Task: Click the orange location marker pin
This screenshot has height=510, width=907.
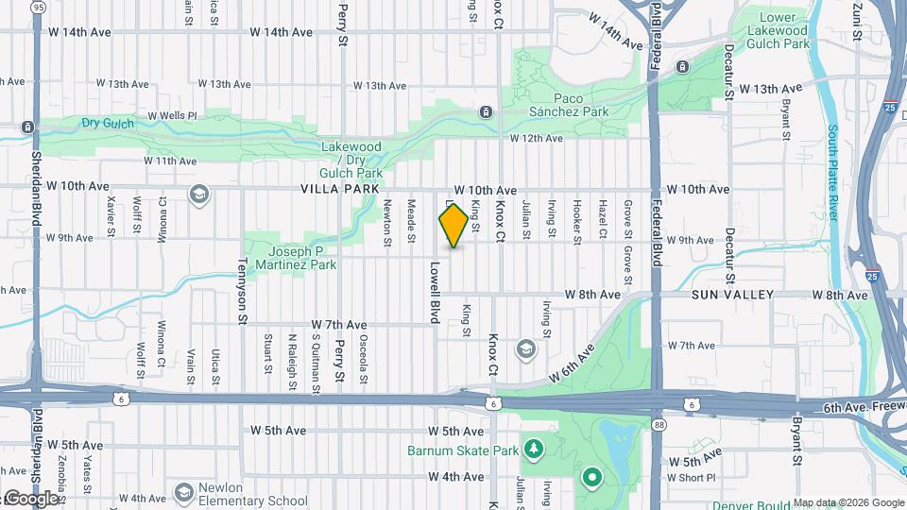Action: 453,226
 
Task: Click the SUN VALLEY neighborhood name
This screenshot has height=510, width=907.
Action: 733,296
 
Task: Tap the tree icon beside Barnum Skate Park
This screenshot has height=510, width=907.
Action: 534,447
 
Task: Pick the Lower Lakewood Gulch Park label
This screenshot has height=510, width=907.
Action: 785,30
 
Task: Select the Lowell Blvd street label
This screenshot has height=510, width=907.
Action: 436,293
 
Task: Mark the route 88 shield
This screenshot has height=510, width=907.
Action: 659,425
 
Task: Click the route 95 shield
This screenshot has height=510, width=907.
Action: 38,7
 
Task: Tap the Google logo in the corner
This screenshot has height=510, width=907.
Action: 32,499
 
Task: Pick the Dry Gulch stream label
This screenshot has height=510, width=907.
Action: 105,123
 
